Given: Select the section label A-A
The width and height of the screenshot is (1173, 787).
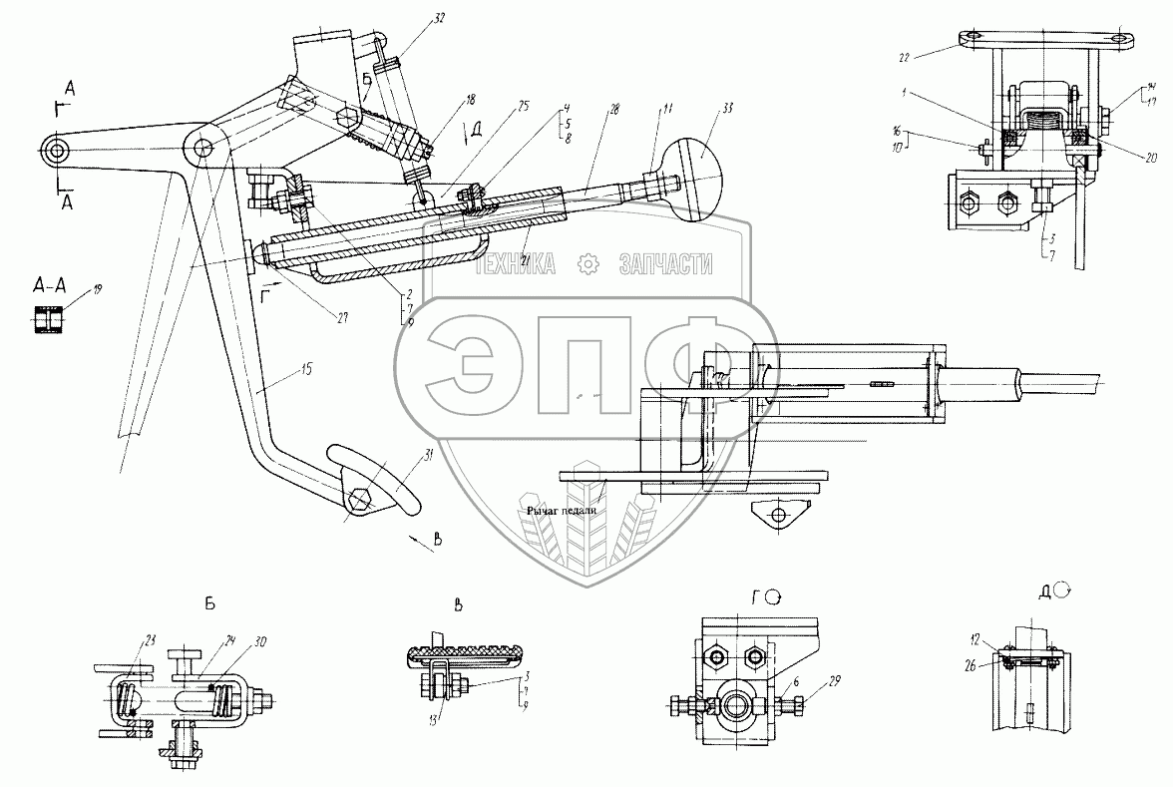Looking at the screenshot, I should point(49,284).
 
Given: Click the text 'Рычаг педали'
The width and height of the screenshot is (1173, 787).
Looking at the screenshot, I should point(563,509).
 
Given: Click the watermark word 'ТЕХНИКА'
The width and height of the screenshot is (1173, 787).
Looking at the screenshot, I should point(516,263).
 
